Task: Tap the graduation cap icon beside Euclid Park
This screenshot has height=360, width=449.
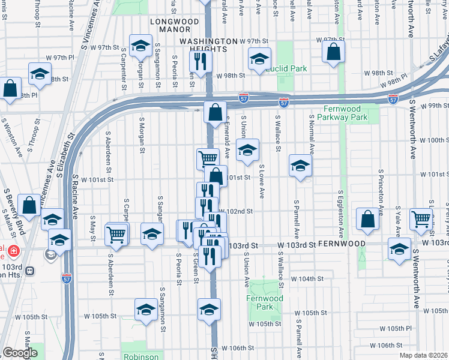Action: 259,59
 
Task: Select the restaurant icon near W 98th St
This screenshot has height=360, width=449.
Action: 199,61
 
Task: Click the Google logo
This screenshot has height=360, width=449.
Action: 20,353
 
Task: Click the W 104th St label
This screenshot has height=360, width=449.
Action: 307,279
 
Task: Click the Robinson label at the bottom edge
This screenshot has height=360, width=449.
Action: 141,356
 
